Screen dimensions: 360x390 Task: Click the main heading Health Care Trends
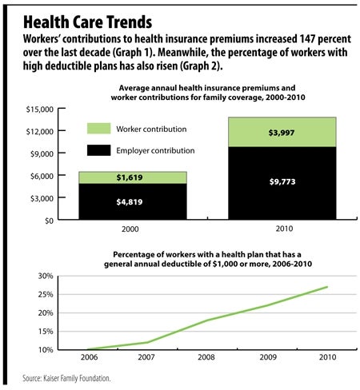[x=87, y=22]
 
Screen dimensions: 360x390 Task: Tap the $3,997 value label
[x=282, y=133]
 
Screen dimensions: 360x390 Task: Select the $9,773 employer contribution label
[x=282, y=181]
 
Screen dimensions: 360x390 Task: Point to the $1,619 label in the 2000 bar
[x=130, y=177]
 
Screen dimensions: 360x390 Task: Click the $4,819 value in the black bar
[x=130, y=202]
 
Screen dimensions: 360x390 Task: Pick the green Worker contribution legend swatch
[x=99, y=129]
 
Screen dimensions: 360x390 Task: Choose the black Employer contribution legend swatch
[x=99, y=150]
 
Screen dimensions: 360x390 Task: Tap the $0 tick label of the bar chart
[x=50, y=221]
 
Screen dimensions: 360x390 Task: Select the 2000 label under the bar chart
[x=130, y=229]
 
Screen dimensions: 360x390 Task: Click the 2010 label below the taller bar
[x=284, y=229]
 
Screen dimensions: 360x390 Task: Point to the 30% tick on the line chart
[x=46, y=276]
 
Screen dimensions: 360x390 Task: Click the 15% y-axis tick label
[x=46, y=332]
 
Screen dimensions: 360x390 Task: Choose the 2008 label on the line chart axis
[x=206, y=357]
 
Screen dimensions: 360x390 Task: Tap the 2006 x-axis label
[x=90, y=357]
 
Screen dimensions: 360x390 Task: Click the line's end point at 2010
[x=327, y=287]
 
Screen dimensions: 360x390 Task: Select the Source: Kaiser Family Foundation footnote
[x=66, y=378]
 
